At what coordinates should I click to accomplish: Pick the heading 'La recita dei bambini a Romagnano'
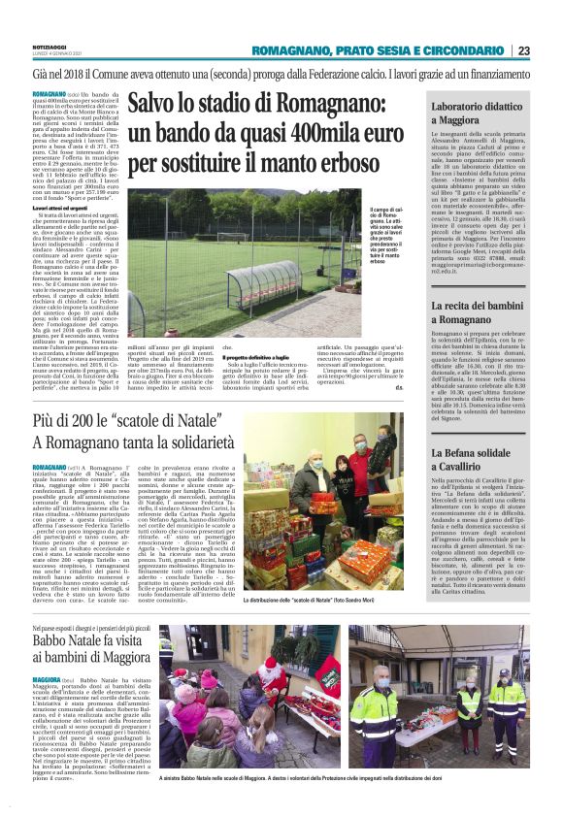(x=475, y=312)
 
